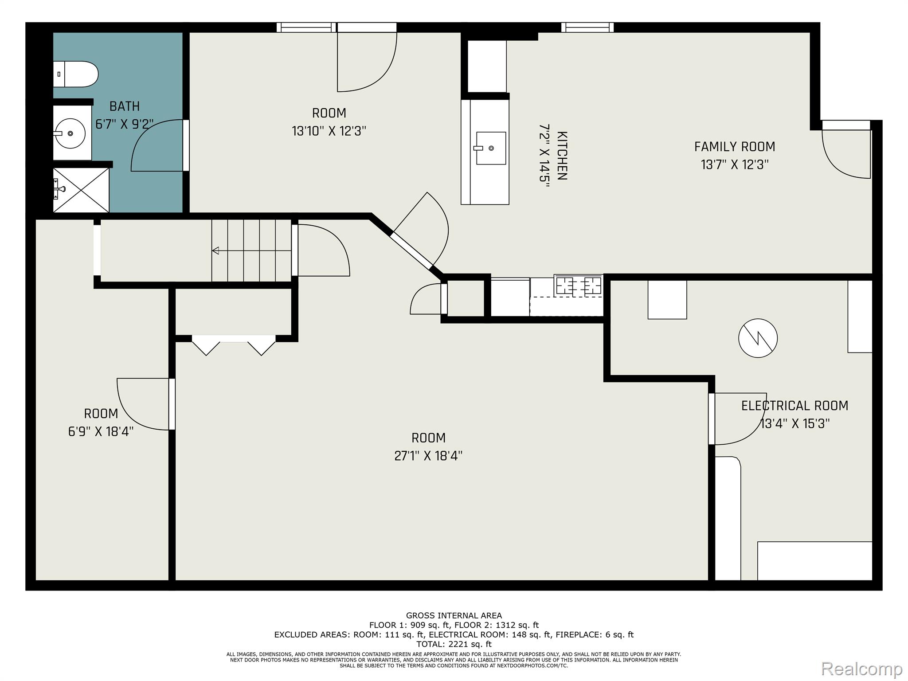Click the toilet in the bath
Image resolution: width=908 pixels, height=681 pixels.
[75, 74]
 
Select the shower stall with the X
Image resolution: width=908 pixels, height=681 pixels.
[81, 190]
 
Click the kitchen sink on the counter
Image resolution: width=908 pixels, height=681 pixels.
[490, 148]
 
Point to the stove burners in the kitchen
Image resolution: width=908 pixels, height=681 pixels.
[578, 285]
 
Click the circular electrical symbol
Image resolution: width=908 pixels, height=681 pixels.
[758, 338]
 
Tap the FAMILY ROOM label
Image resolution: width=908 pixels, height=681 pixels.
[735, 147]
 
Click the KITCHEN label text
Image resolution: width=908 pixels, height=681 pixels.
[562, 156]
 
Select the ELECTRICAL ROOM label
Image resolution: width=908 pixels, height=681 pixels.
[794, 406]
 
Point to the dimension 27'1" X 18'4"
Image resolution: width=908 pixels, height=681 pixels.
[428, 456]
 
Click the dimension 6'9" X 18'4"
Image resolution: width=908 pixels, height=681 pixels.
[101, 431]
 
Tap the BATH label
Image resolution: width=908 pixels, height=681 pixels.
[125, 106]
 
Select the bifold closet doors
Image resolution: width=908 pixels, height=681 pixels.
[234, 345]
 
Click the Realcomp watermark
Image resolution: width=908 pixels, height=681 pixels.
[861, 669]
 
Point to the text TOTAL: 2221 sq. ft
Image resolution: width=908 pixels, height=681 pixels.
[454, 644]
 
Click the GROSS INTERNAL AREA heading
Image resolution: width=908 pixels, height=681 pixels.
[454, 615]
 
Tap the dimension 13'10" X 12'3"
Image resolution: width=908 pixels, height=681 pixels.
[329, 131]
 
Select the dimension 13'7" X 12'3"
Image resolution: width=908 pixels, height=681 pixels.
[735, 165]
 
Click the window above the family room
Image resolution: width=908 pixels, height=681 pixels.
[587, 27]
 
